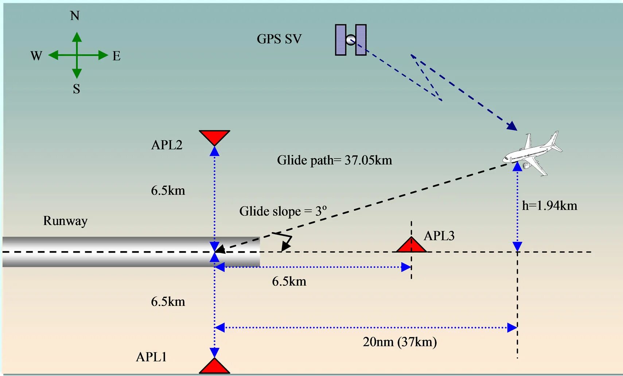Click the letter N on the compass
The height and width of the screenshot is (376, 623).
(75, 16)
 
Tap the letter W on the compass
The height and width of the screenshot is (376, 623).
(36, 56)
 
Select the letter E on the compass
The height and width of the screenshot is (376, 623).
(116, 56)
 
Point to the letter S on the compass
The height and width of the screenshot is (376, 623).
(76, 89)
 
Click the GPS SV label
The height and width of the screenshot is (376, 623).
(279, 39)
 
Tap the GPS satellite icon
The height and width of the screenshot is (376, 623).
(351, 40)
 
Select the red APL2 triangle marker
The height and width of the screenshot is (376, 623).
(214, 137)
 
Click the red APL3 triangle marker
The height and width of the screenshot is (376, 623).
(411, 245)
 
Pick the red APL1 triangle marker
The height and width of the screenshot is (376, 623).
(214, 367)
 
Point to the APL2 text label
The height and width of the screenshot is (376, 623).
(167, 145)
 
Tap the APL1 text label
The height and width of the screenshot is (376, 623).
(151, 357)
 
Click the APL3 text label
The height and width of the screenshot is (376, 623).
(439, 236)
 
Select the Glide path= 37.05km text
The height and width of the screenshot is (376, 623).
(334, 160)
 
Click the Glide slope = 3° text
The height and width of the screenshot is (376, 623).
(283, 211)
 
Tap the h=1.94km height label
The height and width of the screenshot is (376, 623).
(549, 206)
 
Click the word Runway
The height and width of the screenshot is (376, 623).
(65, 221)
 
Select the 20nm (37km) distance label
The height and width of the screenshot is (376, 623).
(400, 342)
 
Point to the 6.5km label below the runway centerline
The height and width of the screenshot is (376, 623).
(289, 281)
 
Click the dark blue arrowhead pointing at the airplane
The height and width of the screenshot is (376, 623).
(512, 126)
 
